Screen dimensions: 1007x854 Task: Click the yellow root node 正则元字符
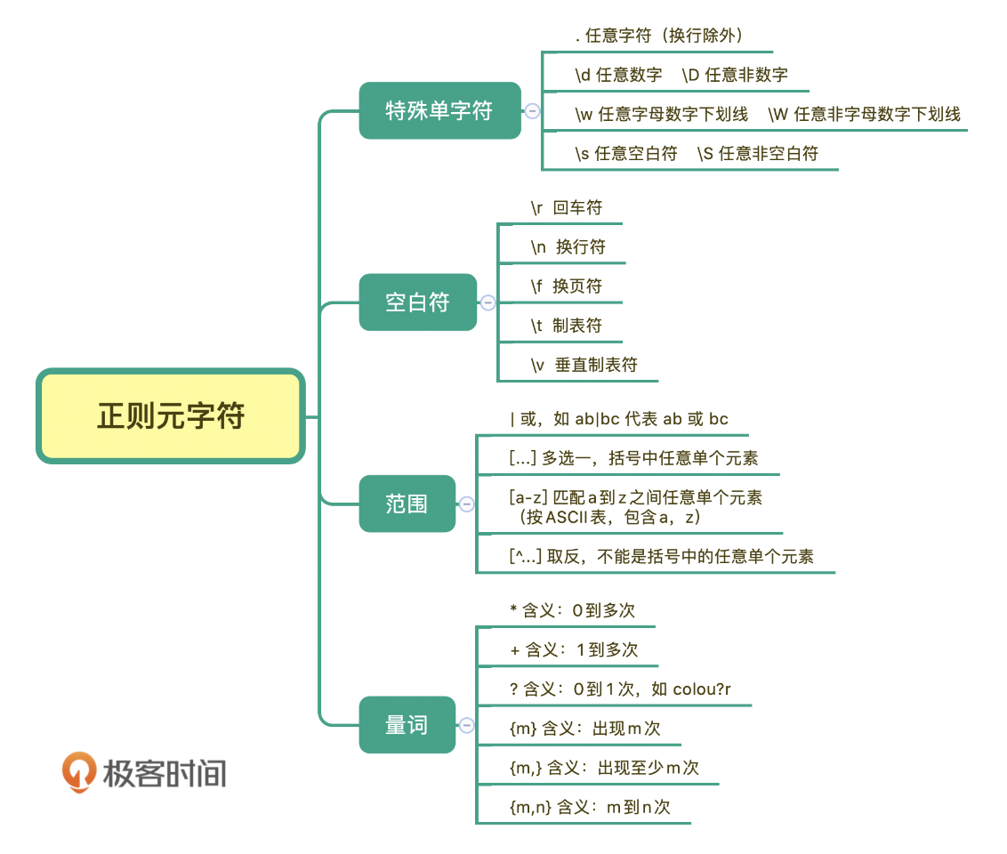click(x=170, y=416)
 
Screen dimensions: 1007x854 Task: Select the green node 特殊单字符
click(x=439, y=110)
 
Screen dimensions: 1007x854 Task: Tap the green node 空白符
click(x=417, y=302)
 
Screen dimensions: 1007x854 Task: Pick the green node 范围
click(x=407, y=504)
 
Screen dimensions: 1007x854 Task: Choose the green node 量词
click(x=407, y=725)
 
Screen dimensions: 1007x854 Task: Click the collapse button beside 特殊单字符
click(x=532, y=111)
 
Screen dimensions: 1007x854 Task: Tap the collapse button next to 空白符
click(x=487, y=302)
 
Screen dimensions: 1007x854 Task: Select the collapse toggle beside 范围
click(x=466, y=504)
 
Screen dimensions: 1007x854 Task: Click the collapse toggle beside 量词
click(x=466, y=725)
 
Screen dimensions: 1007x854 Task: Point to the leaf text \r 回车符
click(x=566, y=207)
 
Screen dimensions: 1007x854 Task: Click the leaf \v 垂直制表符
click(x=584, y=365)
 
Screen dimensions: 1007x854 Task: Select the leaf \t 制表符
click(x=566, y=326)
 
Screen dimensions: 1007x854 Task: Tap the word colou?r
click(x=702, y=689)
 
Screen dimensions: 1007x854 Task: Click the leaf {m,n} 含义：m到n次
click(x=589, y=807)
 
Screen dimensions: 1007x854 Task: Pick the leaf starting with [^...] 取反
click(x=661, y=557)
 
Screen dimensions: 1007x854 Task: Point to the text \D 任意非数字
click(x=735, y=75)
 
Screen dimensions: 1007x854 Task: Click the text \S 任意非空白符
click(x=758, y=153)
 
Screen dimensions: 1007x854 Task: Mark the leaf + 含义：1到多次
click(x=574, y=649)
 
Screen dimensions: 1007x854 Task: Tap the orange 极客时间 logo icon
click(x=79, y=771)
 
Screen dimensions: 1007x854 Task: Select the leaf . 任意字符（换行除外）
click(x=659, y=36)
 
